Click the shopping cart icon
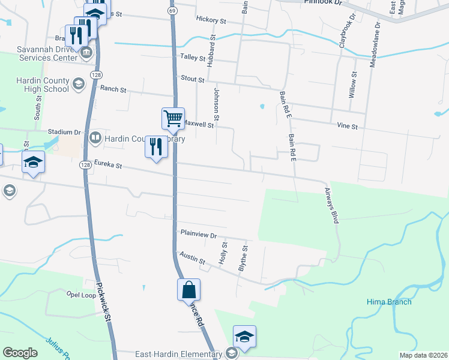(x=173, y=118)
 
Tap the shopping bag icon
(x=188, y=289)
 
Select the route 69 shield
(x=172, y=11)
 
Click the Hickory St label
(x=211, y=20)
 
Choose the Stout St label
(x=193, y=79)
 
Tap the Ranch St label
(x=113, y=89)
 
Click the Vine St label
(x=347, y=127)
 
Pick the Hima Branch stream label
(x=390, y=302)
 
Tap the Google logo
(x=20, y=353)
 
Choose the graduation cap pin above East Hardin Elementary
(x=244, y=337)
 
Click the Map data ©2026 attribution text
(x=423, y=355)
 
